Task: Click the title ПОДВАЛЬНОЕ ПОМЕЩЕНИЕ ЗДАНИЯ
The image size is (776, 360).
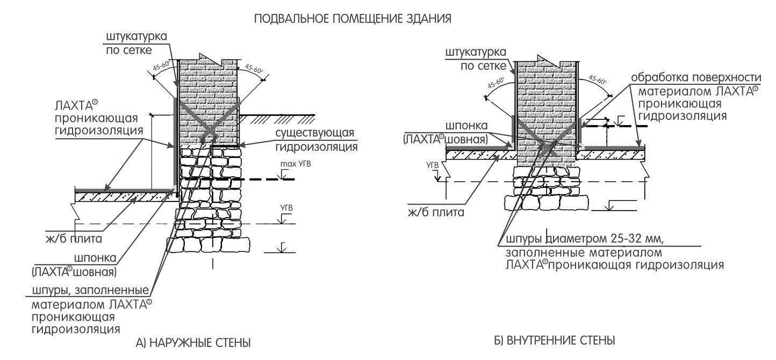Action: coord(352,19)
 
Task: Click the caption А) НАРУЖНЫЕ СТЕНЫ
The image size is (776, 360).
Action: coord(193,342)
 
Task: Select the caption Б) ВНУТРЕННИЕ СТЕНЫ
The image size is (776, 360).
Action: coord(554,340)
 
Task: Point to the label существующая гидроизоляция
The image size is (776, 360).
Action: coord(315,140)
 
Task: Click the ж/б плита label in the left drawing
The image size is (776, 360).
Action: coord(74,238)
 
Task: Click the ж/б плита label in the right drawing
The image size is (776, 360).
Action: coord(435,212)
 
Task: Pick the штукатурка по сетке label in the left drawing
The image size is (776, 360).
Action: coord(136,44)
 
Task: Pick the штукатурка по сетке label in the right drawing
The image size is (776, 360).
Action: coord(476,59)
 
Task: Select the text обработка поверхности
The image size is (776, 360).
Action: coord(695,77)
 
